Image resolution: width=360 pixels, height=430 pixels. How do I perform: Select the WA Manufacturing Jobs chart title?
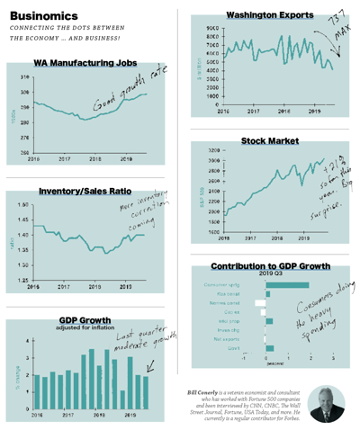tap(91, 64)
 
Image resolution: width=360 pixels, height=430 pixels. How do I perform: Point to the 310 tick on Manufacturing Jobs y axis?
tap(23, 78)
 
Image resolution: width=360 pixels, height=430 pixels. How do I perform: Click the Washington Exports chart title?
tap(269, 15)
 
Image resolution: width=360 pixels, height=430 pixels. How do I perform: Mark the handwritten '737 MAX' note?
tap(336, 27)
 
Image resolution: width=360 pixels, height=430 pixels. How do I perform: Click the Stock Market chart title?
tap(269, 141)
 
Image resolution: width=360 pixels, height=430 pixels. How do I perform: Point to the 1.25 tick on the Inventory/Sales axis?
tap(23, 280)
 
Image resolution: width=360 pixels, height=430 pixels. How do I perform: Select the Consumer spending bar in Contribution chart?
tap(287, 285)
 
